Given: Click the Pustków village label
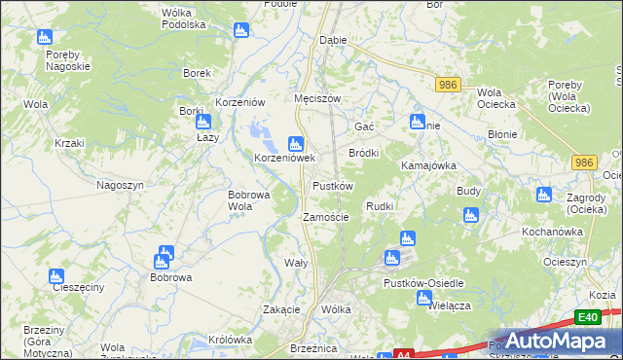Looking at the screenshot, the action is coord(332,185).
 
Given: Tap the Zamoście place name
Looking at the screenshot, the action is coord(326,217).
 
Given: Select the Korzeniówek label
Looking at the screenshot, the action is coord(285,158).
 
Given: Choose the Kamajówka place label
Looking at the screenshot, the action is coord(429,165).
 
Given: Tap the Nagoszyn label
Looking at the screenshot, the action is coord(121,185).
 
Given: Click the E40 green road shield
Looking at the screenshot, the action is coord(586,317).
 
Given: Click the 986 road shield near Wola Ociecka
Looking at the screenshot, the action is coord(447,86).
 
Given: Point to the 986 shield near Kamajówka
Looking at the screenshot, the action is coord(583,162).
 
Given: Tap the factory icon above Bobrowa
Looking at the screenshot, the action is coord(163,258).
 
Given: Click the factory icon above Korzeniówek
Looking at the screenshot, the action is coord(295,143).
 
